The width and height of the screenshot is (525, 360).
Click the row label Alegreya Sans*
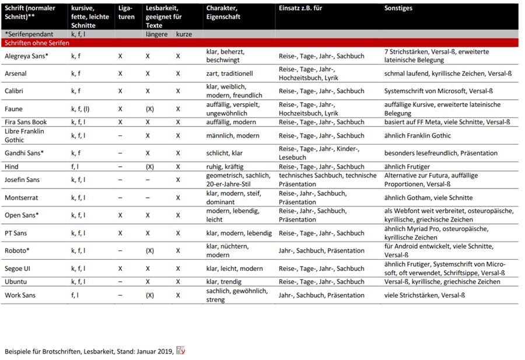[27, 56]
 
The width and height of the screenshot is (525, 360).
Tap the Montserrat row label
[22, 198]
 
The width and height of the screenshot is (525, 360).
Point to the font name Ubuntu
[16, 282]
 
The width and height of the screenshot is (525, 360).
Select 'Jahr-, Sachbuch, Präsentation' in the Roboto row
[321, 251]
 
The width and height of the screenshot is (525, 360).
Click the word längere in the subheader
[156, 34]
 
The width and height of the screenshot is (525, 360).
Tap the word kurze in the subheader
[184, 34]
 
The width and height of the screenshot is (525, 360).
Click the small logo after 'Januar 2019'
[181, 351]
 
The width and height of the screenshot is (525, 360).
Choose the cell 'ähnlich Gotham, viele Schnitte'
[428, 198]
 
